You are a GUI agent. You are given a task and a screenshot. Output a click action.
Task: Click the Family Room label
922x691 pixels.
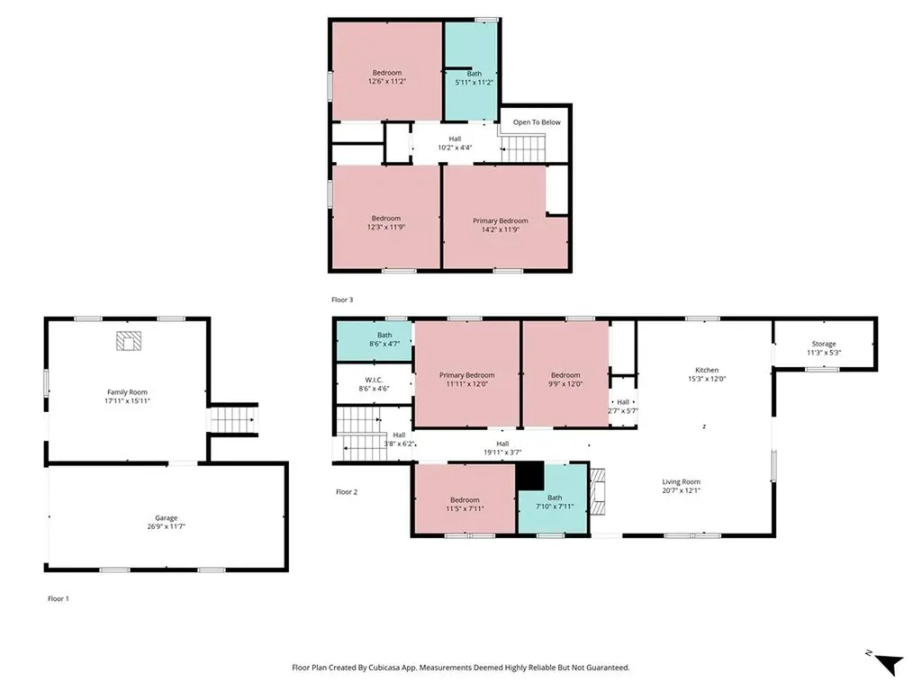click(127, 391)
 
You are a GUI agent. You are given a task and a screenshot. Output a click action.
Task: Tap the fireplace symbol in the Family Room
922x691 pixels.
click(130, 341)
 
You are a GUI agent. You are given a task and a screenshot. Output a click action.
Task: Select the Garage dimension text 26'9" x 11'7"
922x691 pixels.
click(166, 526)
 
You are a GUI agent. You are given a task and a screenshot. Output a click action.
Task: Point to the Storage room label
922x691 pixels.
click(823, 344)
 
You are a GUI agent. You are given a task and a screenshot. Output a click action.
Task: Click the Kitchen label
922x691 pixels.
click(707, 370)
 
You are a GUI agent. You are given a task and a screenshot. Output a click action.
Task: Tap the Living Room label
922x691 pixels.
click(681, 481)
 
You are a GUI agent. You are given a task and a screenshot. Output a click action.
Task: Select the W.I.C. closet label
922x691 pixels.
click(373, 379)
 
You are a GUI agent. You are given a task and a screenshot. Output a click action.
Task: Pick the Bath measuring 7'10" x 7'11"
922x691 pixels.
click(555, 502)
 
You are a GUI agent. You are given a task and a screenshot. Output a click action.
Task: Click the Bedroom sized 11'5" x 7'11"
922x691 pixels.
click(465, 504)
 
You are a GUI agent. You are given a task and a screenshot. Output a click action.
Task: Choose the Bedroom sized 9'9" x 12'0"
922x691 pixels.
click(565, 379)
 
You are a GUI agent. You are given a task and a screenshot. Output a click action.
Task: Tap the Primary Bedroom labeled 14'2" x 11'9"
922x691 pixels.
click(501, 225)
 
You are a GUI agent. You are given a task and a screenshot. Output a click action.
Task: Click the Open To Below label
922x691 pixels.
click(537, 122)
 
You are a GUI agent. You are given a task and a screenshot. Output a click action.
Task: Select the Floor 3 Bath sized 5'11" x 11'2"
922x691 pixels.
click(474, 77)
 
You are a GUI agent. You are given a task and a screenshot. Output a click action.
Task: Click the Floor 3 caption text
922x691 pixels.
click(343, 299)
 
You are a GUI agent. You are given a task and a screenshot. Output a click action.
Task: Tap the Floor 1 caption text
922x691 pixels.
click(58, 598)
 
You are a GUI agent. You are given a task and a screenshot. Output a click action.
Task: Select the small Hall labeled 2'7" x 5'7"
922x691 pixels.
click(623, 406)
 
